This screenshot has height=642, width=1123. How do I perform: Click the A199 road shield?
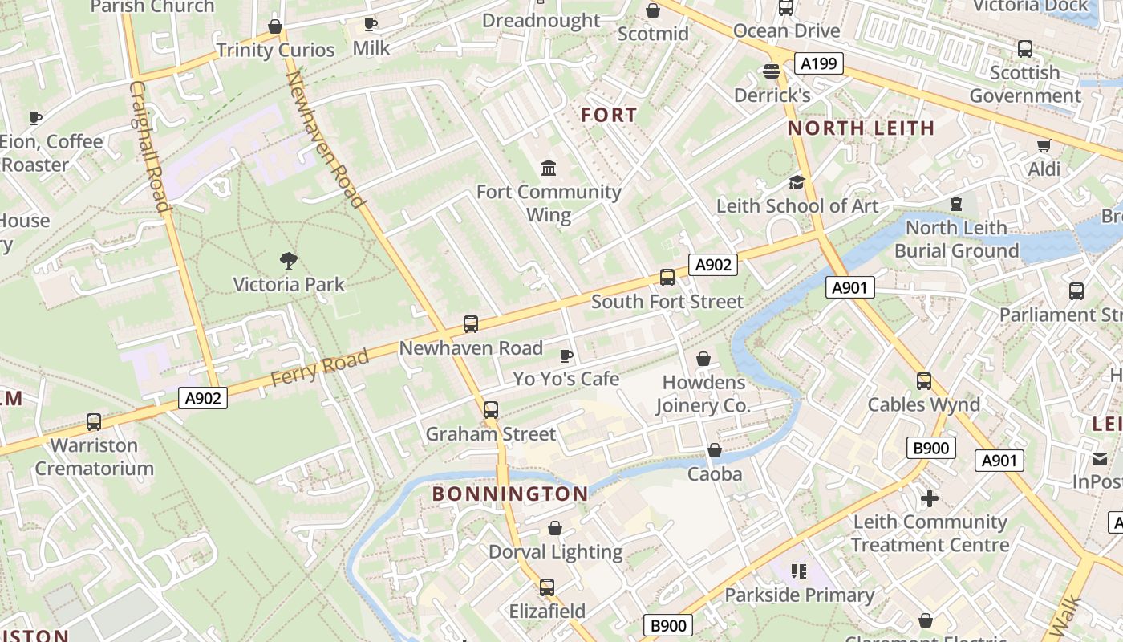point(819,63)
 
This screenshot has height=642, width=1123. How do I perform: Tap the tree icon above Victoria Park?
point(289,260)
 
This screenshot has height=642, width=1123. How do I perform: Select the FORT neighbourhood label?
point(609,116)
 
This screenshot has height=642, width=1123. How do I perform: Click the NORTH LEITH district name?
point(861,128)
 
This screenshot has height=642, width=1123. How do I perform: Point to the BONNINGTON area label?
point(510,494)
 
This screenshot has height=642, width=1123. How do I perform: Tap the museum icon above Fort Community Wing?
point(549,168)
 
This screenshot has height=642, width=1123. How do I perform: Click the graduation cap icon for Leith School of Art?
point(797,182)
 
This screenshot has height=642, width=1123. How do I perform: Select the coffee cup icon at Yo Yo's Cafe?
point(566,356)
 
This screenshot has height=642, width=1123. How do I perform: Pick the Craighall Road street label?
point(149,146)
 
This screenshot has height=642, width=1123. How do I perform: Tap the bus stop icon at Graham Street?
point(491,410)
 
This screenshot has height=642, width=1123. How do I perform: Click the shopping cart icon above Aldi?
point(1044,145)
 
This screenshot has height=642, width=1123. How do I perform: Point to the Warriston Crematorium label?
point(94,457)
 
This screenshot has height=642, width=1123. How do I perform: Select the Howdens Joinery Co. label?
point(703,394)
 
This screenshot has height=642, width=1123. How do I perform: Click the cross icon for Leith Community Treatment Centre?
point(929,498)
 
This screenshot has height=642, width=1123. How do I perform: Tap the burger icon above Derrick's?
point(772,72)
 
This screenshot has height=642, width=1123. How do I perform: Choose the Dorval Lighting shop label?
point(555,552)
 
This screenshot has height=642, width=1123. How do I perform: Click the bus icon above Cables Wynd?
point(924,381)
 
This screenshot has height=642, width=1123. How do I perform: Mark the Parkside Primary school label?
point(799,595)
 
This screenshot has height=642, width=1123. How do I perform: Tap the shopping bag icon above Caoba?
point(715,451)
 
